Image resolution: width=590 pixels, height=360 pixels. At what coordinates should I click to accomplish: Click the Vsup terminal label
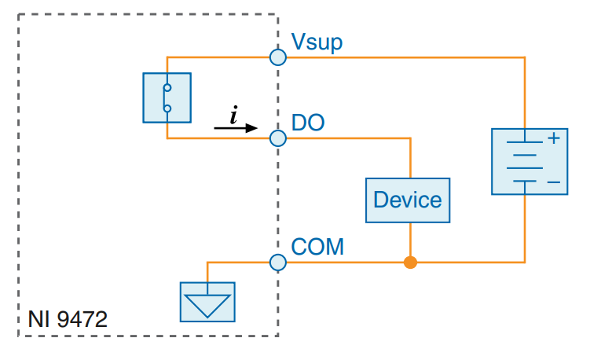coord(317,42)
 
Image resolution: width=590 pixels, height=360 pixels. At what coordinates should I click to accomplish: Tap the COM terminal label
coord(317,247)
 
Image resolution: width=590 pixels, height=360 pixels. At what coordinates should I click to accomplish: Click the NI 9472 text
coord(68,320)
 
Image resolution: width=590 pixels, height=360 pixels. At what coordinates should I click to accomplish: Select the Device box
coord(407,200)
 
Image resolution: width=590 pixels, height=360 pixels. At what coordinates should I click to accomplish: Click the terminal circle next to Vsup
coord(278,57)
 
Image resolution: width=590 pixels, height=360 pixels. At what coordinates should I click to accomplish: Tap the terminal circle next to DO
coord(278,138)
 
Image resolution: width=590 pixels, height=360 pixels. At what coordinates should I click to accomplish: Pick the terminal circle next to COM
coord(278,262)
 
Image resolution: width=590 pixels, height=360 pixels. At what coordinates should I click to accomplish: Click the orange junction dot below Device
coord(409,262)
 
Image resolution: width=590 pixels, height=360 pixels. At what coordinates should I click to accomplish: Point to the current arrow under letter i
coord(236,128)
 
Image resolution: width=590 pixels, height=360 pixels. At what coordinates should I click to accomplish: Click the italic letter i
coord(234,115)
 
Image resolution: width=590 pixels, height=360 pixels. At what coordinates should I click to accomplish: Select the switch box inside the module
coord(167,97)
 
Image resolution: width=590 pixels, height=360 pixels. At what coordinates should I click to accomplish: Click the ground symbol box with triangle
coord(207,302)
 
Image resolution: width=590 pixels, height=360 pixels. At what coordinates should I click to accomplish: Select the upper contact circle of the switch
coord(167,87)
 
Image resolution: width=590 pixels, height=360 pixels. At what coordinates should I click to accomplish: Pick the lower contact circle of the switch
coord(167,108)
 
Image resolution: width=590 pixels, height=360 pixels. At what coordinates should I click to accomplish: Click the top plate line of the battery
coord(524,141)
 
